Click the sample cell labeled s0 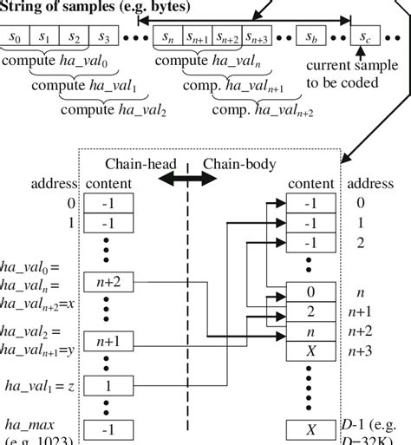coord(16,37)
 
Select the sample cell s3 coord(104,37)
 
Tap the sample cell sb coord(310,37)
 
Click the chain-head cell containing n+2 coord(108,282)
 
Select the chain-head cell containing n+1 coord(108,341)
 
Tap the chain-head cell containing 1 coord(108,385)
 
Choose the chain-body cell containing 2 coord(311,312)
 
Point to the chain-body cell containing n coord(311,331)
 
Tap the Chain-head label coord(135,164)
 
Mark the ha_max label coord(29,424)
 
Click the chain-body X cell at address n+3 coord(311,350)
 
